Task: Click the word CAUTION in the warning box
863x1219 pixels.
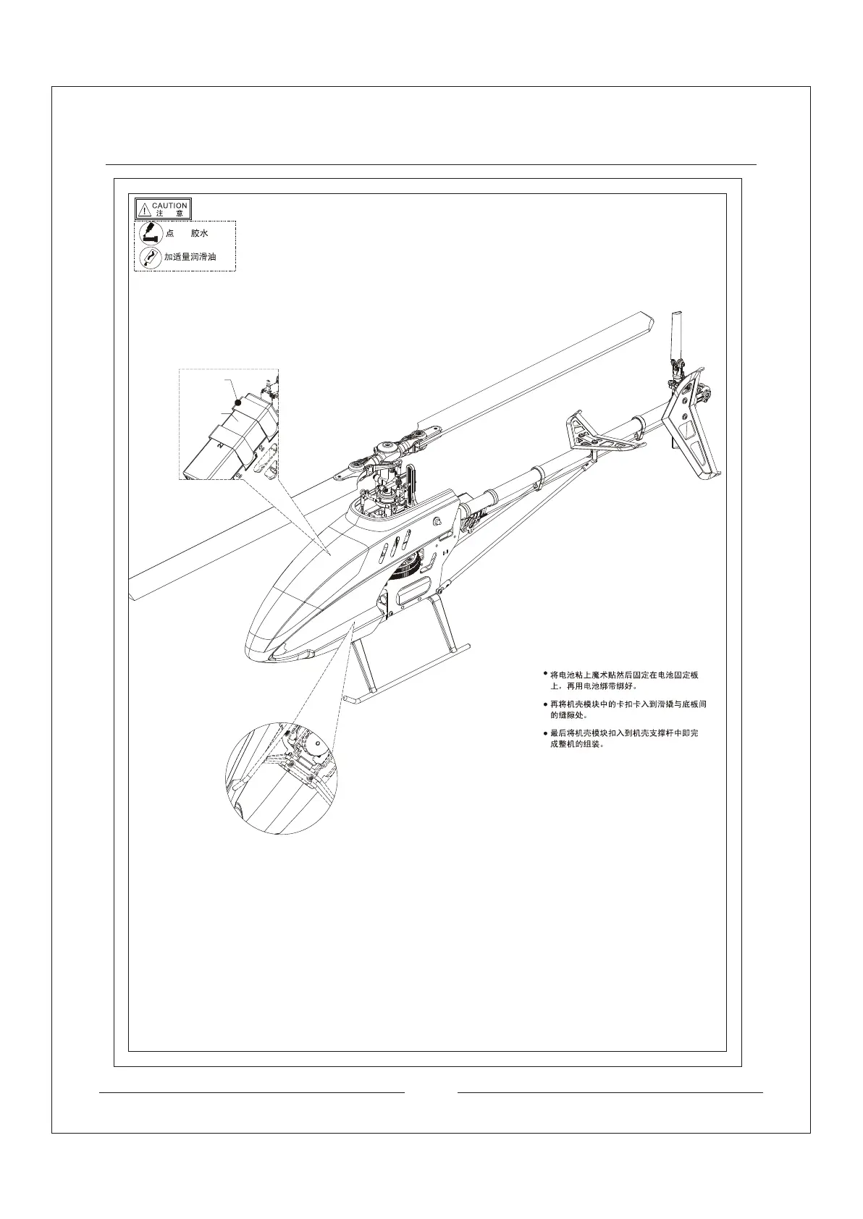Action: click(x=169, y=206)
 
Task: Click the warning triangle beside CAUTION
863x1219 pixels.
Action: click(x=144, y=210)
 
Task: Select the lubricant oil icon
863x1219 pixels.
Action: click(x=150, y=257)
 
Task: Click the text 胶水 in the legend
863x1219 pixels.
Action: click(x=199, y=234)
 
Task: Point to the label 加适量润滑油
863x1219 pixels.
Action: click(x=190, y=257)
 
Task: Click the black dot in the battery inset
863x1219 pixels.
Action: click(x=237, y=402)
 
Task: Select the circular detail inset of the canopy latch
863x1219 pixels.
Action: click(x=282, y=777)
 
